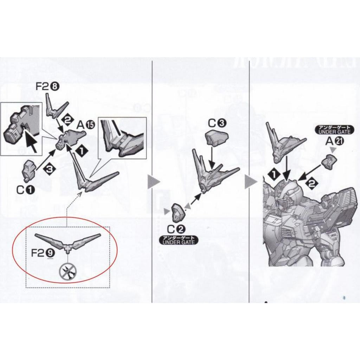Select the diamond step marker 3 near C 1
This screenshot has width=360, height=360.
point(49,169)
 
